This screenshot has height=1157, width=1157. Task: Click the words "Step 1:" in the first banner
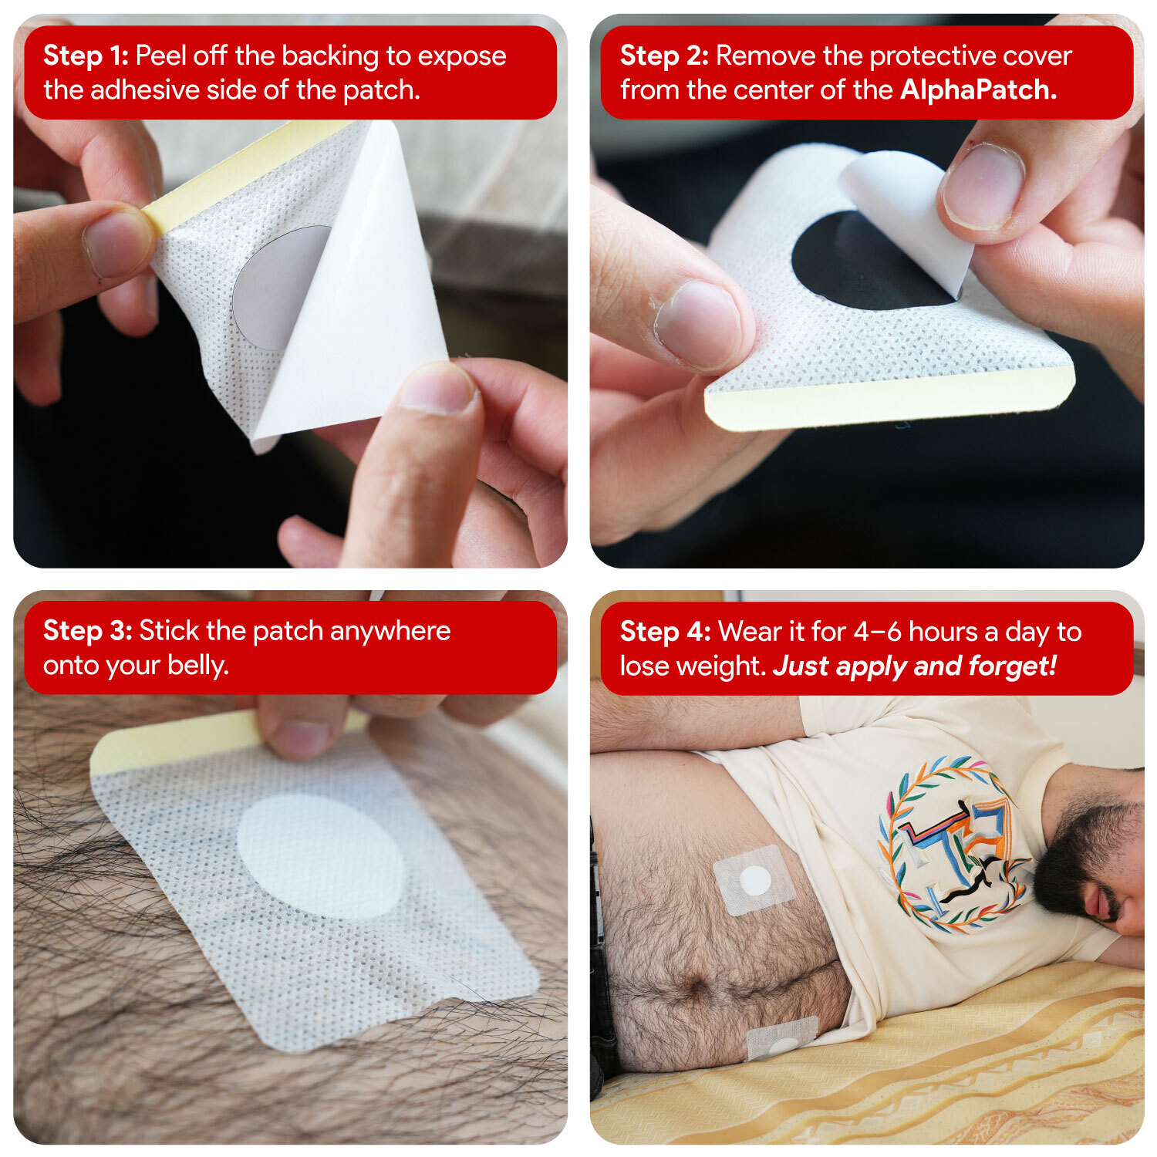coord(86,56)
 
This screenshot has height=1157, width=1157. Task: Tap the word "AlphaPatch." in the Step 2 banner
coord(978,90)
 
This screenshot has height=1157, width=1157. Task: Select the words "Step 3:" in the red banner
coord(87,631)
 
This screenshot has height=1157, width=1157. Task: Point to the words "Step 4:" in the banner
coord(665,632)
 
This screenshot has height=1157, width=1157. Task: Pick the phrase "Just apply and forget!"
coord(914,666)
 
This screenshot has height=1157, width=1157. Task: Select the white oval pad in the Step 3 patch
coord(321,856)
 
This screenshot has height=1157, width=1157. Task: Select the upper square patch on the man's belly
coord(754,880)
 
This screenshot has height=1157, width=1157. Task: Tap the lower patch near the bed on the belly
coord(782,1037)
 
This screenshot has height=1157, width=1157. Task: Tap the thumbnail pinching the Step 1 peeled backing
coord(437,387)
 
